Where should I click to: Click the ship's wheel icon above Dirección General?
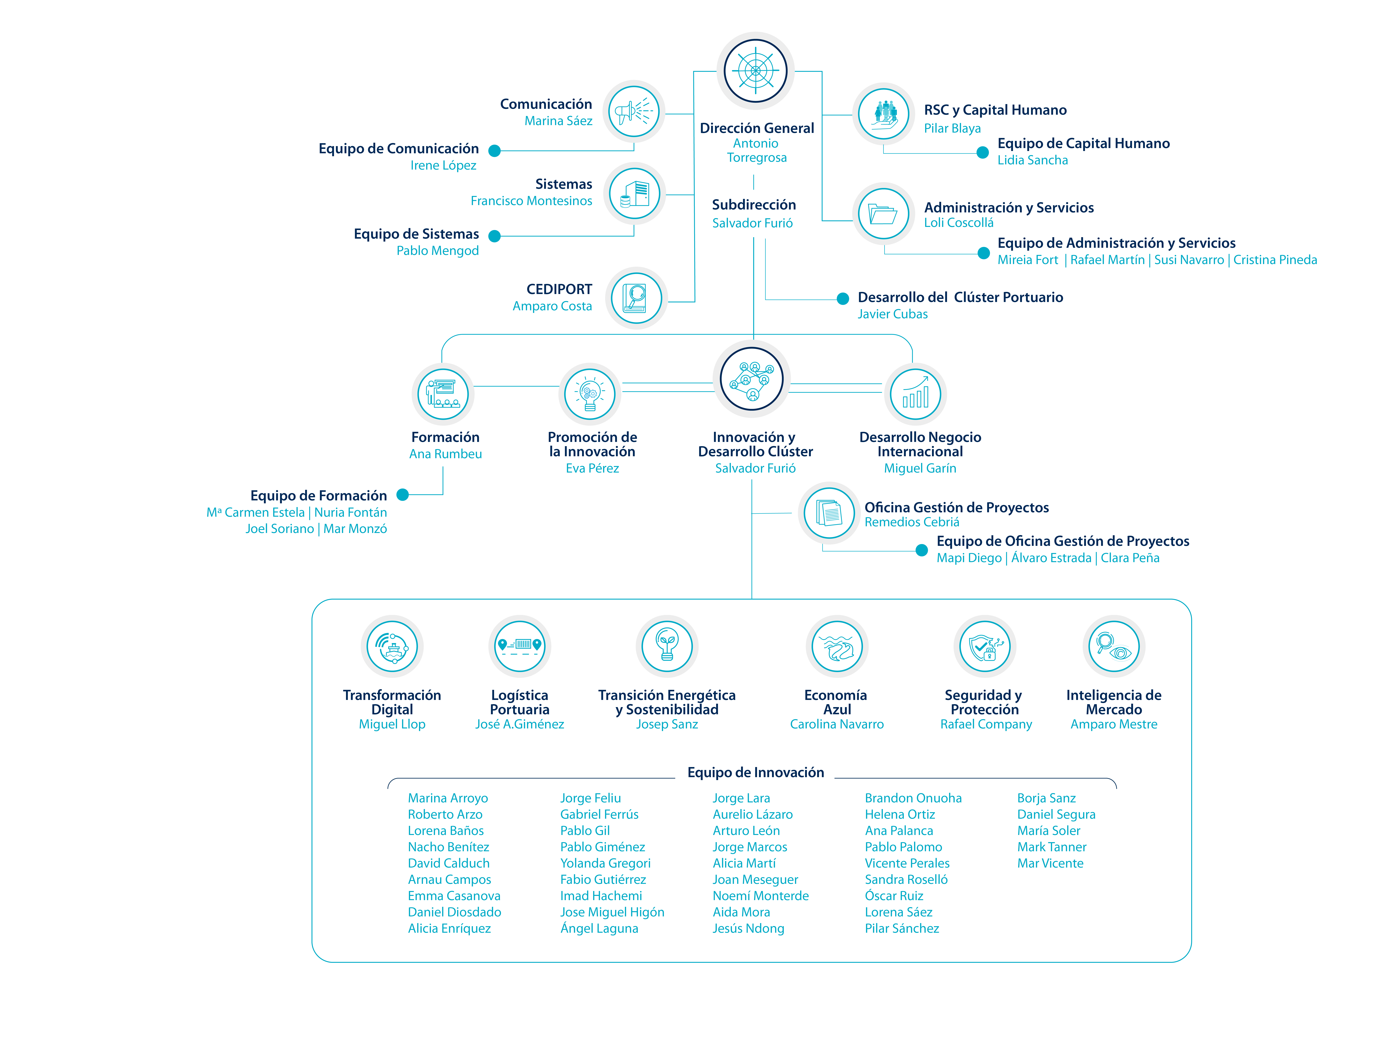[x=755, y=71]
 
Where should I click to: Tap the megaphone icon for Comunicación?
[x=634, y=111]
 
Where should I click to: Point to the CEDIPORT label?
[x=559, y=289]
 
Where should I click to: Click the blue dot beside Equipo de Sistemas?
[x=494, y=236]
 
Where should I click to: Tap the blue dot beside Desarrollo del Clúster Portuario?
[x=843, y=298]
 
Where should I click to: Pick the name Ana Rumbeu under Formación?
[x=445, y=454]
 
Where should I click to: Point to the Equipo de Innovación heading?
[x=756, y=773]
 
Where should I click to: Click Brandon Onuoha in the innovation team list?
[x=913, y=798]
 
